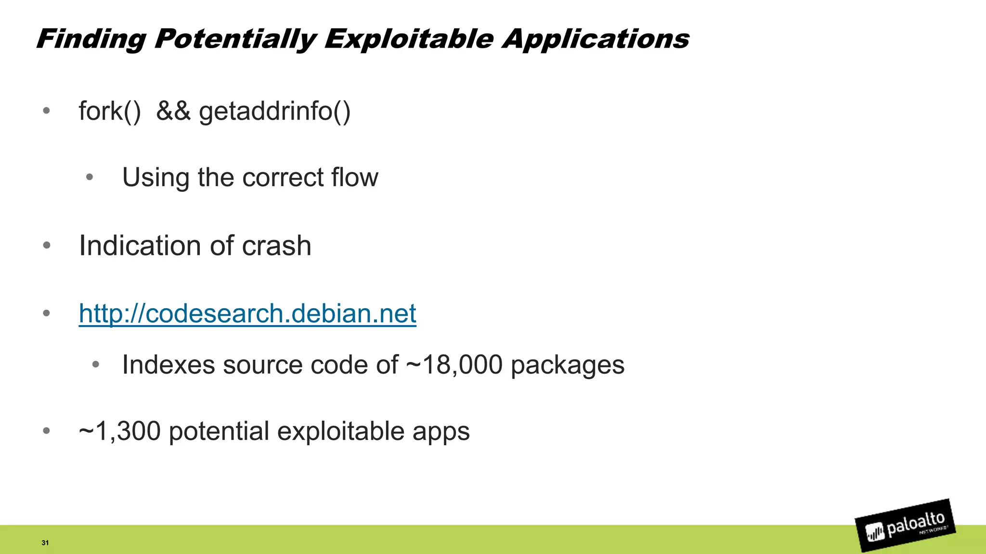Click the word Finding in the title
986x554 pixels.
(91, 39)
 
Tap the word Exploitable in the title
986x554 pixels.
(408, 39)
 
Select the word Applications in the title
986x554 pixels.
(595, 39)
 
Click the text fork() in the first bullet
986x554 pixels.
(110, 111)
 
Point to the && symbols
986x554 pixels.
(173, 111)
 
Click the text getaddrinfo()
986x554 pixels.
(274, 111)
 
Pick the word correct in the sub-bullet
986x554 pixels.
(283, 177)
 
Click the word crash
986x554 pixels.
(276, 246)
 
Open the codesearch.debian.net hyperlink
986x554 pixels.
(247, 314)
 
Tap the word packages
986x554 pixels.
(567, 365)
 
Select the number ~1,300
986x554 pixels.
(119, 431)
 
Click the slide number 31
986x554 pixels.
(45, 543)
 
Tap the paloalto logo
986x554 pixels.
(905, 526)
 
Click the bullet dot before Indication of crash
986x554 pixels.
(46, 246)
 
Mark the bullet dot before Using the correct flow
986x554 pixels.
(89, 177)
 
